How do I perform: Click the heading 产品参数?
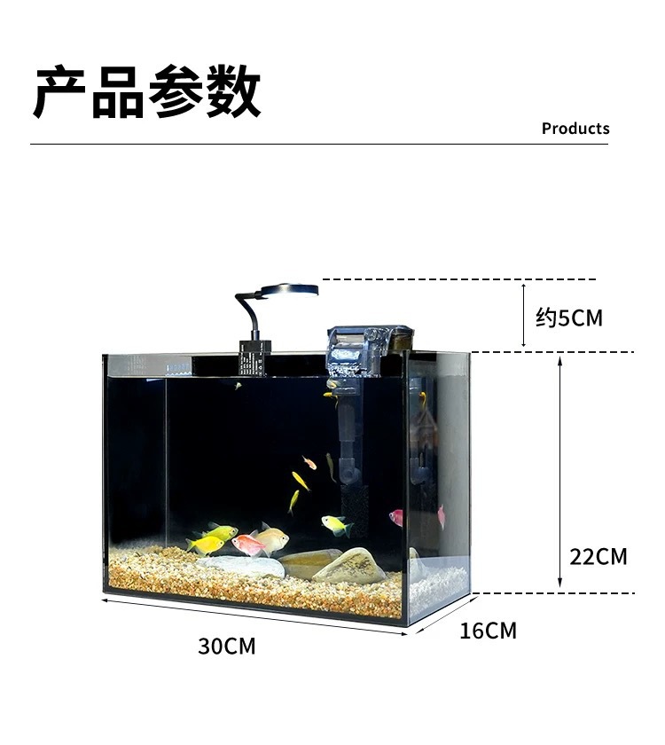[x=147, y=91]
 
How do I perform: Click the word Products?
[x=575, y=129]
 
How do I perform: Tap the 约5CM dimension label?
[x=569, y=318]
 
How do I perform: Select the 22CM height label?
[x=598, y=557]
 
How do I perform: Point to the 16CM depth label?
[x=488, y=631]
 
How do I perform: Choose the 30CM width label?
[x=226, y=647]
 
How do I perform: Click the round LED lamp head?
[x=289, y=290]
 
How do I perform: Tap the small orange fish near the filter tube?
[x=309, y=462]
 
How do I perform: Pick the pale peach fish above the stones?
[x=270, y=537]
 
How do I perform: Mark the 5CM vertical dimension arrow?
[x=524, y=316]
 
